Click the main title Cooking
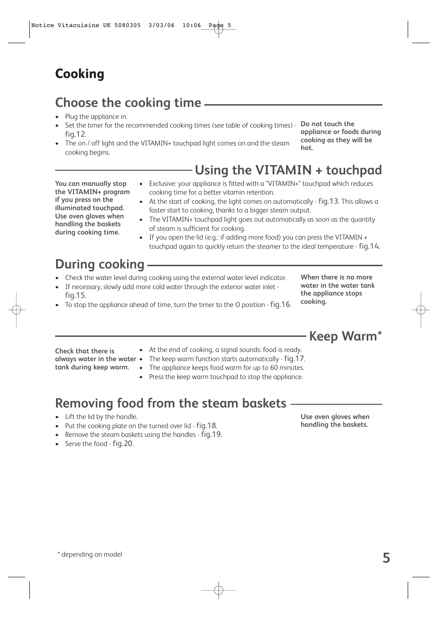(79, 74)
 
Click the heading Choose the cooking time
(128, 103)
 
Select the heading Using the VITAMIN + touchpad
(288, 170)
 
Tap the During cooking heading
(100, 264)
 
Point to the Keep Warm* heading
(345, 336)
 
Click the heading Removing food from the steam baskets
(170, 403)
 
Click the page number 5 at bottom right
(386, 558)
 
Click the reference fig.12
(75, 134)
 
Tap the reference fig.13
(328, 201)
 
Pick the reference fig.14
(369, 246)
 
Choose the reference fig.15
(75, 296)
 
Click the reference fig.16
(280, 305)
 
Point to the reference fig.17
(294, 359)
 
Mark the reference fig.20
(123, 444)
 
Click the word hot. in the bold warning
(307, 148)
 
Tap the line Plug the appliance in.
(96, 117)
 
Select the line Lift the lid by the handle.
(101, 417)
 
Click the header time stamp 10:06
(191, 25)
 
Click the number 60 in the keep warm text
(274, 368)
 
